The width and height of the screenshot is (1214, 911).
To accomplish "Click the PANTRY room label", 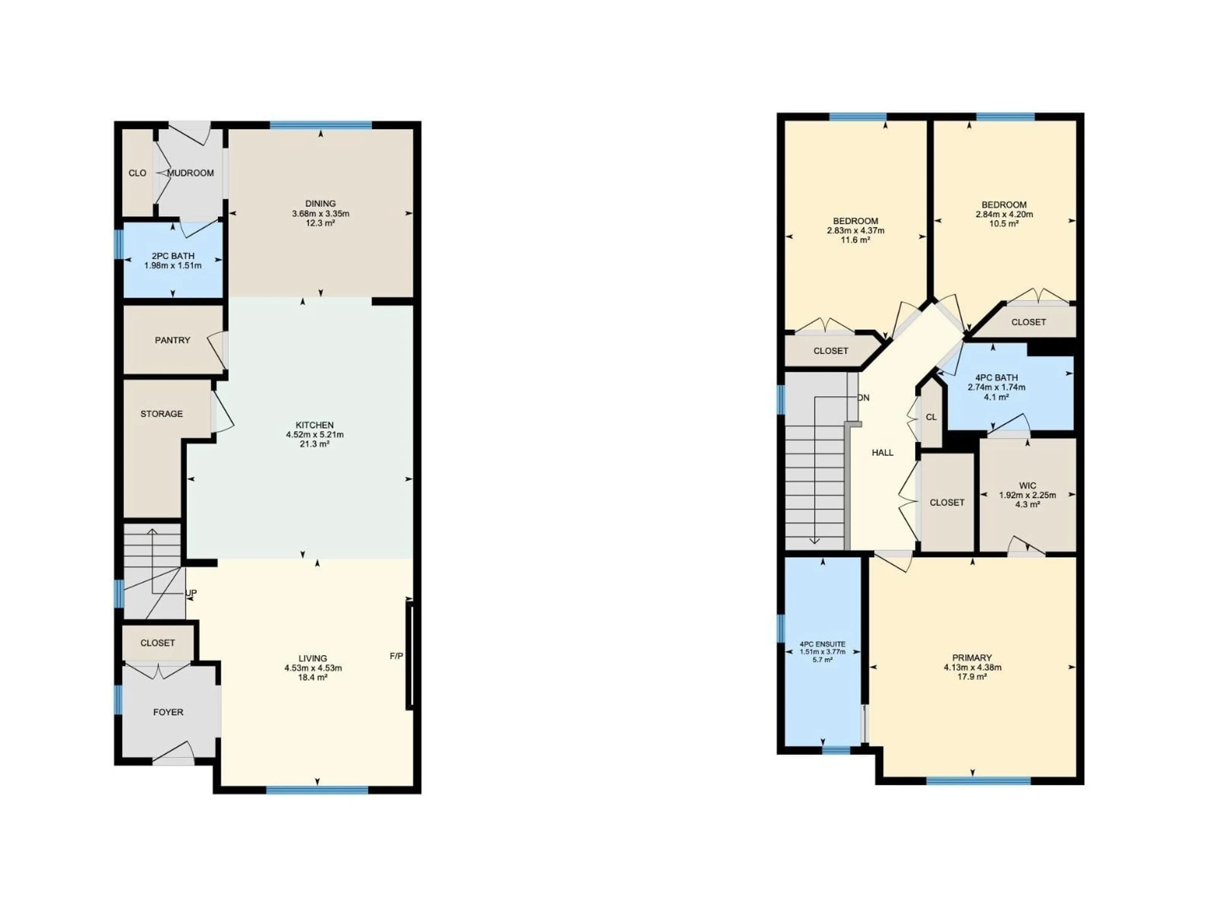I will (x=172, y=340).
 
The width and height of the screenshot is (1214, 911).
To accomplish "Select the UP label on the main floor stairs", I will (x=191, y=593).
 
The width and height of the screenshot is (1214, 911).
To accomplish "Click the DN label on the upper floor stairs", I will (x=863, y=398).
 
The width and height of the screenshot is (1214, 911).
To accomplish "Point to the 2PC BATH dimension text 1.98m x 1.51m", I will (x=173, y=266).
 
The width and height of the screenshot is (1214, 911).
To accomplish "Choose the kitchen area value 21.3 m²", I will (x=315, y=444).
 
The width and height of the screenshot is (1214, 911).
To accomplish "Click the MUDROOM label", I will (x=190, y=173).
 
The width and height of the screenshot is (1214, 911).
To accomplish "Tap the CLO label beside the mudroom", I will (x=137, y=173).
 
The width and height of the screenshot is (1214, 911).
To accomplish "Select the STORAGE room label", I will (x=161, y=414).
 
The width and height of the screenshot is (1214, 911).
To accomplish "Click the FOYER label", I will (x=168, y=712).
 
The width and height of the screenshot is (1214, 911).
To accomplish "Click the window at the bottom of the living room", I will (x=317, y=790).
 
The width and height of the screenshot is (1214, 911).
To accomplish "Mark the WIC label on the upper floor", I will (x=1027, y=486).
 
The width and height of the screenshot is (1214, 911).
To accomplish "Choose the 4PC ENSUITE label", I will (x=822, y=644).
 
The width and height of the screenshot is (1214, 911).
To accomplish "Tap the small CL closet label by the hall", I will (x=931, y=417).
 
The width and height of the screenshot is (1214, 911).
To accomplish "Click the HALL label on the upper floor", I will (x=882, y=452).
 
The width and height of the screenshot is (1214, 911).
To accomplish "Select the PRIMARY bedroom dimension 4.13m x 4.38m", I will (x=972, y=668).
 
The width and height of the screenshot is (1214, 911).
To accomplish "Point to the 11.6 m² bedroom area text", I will (x=855, y=240).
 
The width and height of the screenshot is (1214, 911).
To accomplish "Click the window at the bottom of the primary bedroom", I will (x=978, y=780).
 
